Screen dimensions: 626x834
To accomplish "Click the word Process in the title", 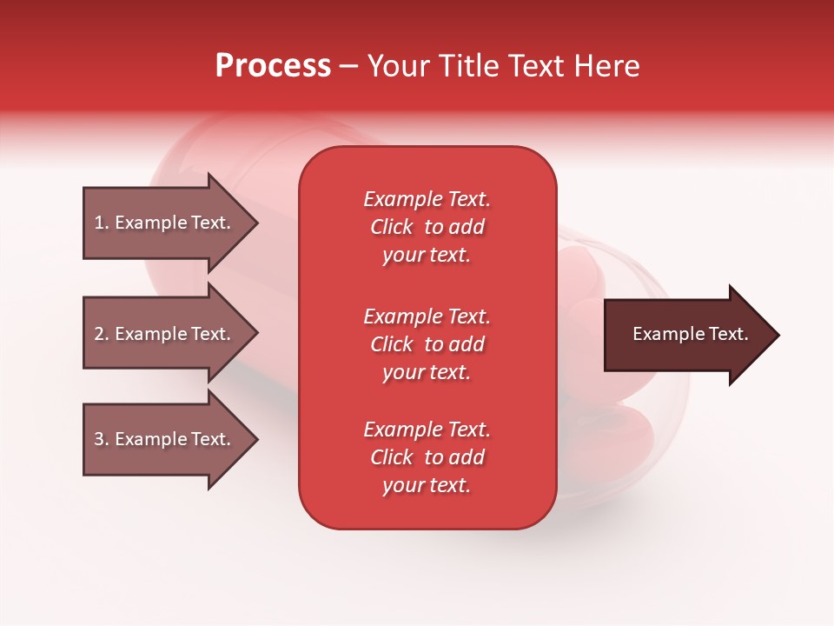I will tap(273, 66).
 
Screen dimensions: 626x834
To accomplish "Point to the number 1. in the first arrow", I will tap(101, 223).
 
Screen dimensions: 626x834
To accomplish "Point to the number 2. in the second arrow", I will tap(101, 334).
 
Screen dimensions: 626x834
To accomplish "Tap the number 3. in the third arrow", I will tap(101, 439).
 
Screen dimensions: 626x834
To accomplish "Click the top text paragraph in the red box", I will tap(427, 227).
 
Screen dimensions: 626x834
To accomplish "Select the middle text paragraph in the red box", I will tap(427, 344).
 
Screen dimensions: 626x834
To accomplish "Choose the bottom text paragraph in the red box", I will tap(427, 457).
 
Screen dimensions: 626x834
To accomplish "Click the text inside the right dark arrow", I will tap(691, 334).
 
